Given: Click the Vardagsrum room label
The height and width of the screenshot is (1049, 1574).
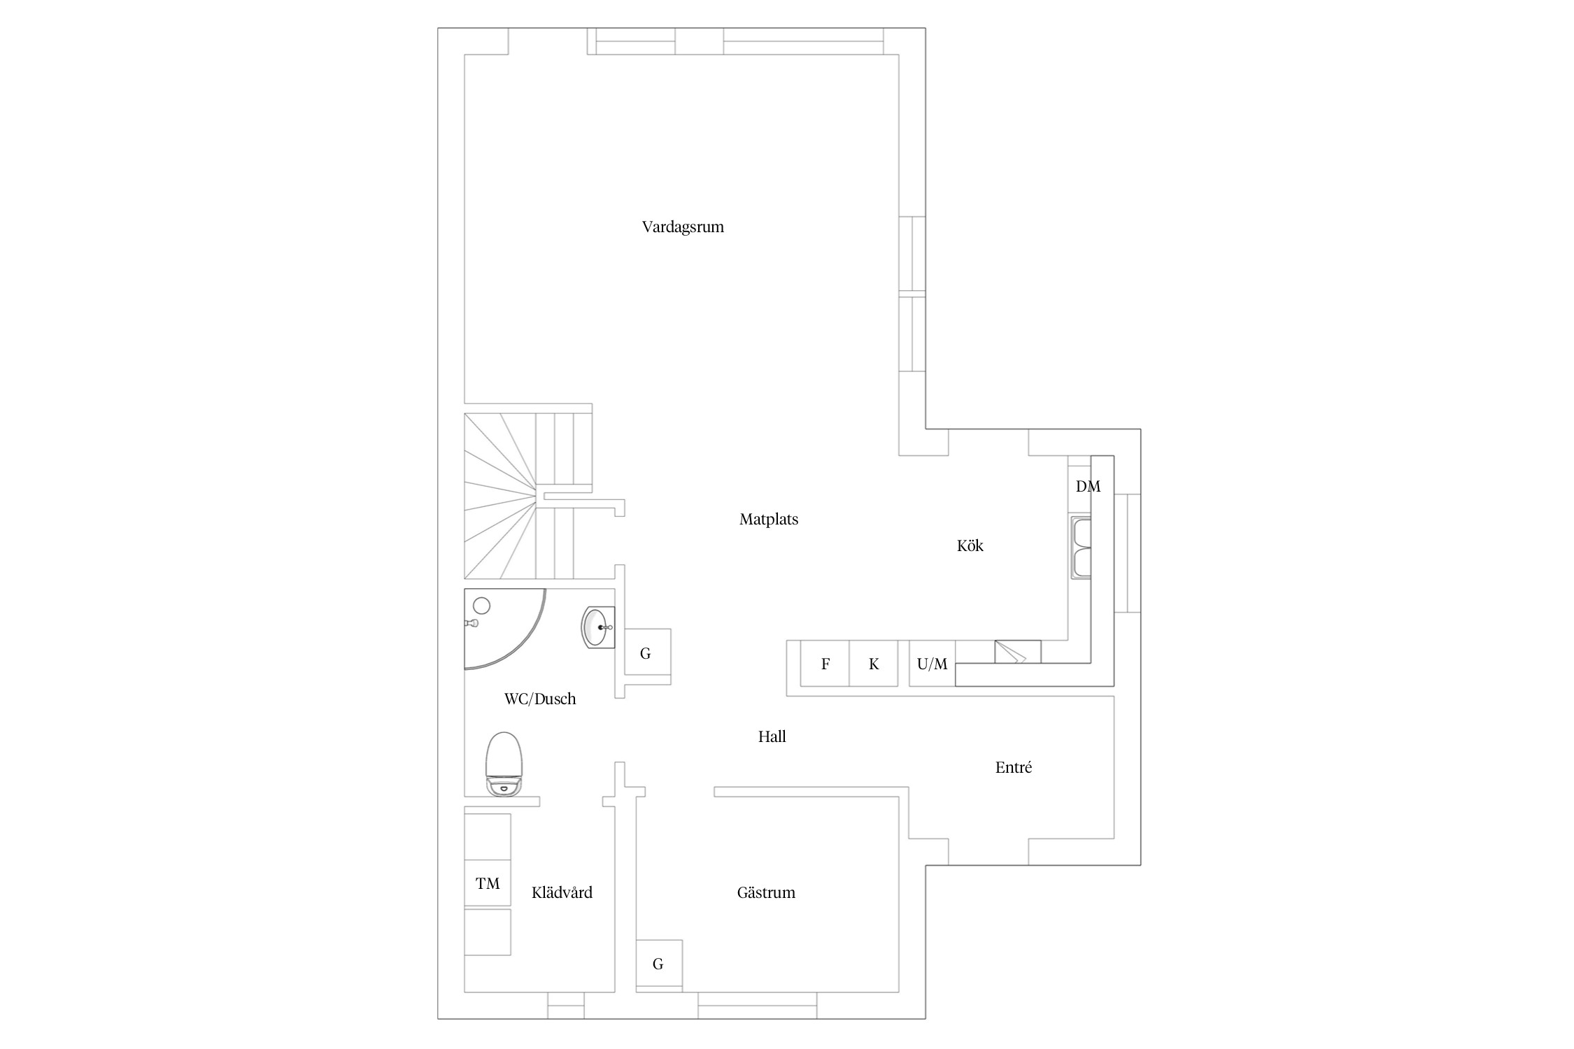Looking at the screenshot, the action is click(x=683, y=227).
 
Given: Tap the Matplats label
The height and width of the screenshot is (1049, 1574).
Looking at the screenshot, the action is click(x=769, y=520).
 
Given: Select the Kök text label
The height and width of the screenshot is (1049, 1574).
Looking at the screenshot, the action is click(x=970, y=545).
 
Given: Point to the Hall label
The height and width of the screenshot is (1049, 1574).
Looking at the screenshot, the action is click(x=772, y=736).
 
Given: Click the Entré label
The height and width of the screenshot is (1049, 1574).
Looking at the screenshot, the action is click(x=1014, y=767).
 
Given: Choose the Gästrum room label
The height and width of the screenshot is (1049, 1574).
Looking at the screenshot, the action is click(x=766, y=892).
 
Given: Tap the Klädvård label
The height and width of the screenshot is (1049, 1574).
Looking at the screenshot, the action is click(x=562, y=892).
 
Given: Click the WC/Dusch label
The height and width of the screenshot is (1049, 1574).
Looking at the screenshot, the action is click(x=540, y=699).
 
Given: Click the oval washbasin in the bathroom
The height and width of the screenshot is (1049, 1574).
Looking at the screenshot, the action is click(x=598, y=627).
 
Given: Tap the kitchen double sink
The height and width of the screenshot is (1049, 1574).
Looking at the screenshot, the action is click(x=1082, y=548).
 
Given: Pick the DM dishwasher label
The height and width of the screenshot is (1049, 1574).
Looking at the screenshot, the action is click(x=1088, y=487).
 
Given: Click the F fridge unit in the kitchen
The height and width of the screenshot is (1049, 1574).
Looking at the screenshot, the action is click(x=825, y=664).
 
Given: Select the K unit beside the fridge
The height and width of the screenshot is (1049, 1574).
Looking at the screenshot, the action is click(x=874, y=664).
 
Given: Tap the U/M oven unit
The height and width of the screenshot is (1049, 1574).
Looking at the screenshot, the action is click(x=933, y=664).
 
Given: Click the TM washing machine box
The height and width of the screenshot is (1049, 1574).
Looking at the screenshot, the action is click(x=488, y=883).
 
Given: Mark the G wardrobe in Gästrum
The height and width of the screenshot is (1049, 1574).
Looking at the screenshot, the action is click(x=659, y=963).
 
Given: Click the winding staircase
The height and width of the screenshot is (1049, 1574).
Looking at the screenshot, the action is click(x=528, y=496).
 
